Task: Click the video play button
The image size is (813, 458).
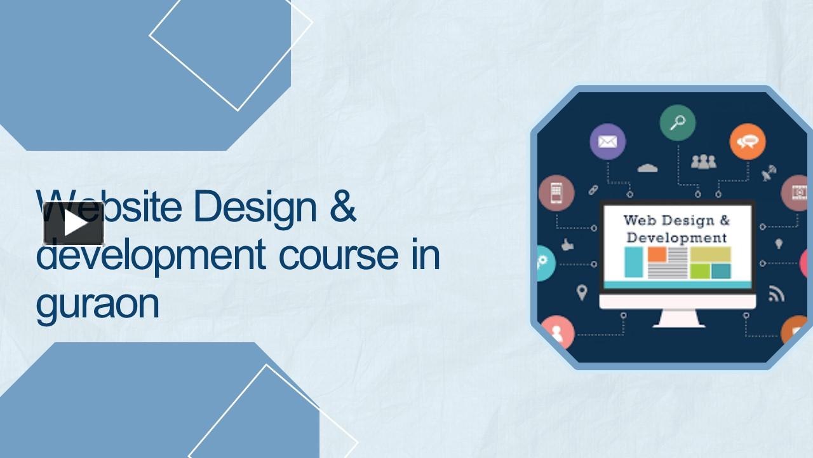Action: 74,223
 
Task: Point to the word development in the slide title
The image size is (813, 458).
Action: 151,256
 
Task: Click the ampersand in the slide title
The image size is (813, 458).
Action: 342,206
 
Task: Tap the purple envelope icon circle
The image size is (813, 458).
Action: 607,141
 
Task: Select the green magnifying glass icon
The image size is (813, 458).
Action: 677,123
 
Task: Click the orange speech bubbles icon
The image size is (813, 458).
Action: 747,141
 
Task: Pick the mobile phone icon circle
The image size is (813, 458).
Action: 556,193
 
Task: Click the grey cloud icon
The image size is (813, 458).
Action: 647,168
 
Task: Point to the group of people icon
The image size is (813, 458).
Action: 703,162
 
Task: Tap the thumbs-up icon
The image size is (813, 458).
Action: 567,244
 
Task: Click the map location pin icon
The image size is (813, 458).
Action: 581,293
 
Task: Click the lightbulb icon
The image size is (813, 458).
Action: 779,244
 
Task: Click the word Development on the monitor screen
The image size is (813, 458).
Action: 676,238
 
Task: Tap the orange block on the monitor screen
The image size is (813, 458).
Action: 657,254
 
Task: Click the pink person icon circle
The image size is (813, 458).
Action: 557,332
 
